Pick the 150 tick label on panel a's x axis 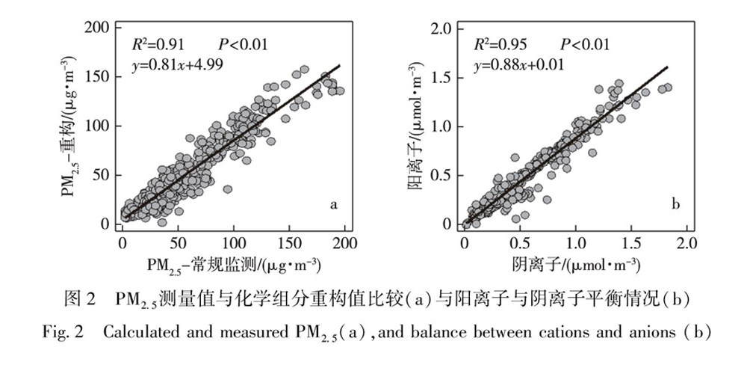tap(289, 244)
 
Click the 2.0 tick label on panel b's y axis tap(442, 28)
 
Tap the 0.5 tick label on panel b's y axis tap(442, 175)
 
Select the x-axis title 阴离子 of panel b tap(575, 266)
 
